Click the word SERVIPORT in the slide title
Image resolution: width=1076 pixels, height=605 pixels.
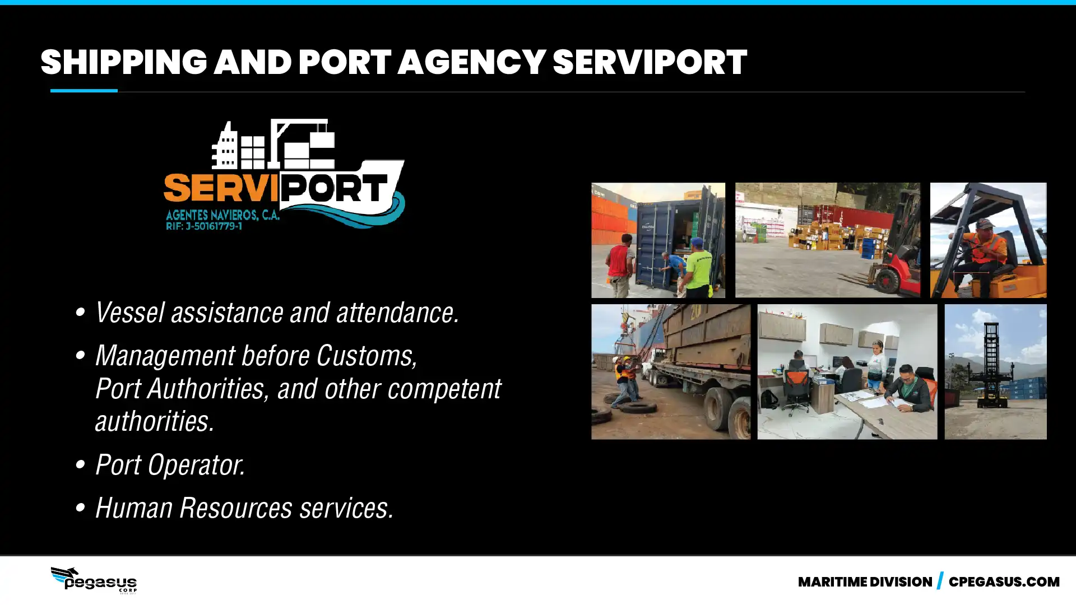(650, 62)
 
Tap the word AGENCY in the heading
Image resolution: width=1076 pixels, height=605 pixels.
(471, 62)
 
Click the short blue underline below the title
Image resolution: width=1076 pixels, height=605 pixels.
(84, 90)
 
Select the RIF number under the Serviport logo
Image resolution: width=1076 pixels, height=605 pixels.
(204, 226)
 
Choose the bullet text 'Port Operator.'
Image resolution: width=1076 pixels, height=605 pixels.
(170, 465)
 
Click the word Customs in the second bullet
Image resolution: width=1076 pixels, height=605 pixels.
(367, 356)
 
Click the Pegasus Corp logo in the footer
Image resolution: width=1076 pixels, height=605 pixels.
(94, 580)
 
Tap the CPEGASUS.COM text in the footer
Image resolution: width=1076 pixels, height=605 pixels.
(1004, 582)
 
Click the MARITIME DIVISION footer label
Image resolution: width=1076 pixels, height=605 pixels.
(865, 582)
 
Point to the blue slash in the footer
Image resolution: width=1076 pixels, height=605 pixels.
(940, 581)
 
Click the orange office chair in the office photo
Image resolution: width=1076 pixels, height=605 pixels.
(796, 387)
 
